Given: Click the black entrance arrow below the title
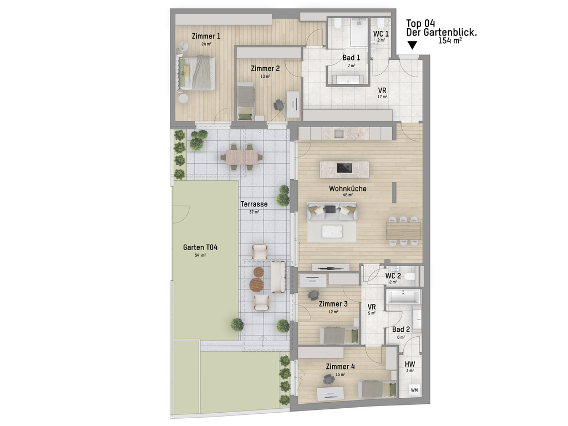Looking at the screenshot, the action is pos(412,45).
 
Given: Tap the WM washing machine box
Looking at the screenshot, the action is pos(414,390).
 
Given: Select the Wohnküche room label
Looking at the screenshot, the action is pos(347,189).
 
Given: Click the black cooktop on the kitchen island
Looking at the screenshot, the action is pos(344,168).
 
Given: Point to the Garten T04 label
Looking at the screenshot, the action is pos(200,247).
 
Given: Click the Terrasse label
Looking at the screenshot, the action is pos(254,204).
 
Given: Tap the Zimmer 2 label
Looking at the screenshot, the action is pos(265,68).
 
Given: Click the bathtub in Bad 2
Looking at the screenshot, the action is pos(403,297).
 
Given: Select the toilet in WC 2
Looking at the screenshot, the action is pos(409,277).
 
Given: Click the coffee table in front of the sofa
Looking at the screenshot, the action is pos(332,231).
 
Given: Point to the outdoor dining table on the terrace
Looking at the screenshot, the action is pos(242,157).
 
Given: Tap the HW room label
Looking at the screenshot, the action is pos(410,364).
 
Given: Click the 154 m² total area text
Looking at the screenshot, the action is pos(449,40).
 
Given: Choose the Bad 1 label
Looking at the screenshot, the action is pos(351,58).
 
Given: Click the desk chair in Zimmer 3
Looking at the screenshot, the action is pos(313,295).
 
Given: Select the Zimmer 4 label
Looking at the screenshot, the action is pos(340,367).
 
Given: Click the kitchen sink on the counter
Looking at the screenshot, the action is pos(339,133).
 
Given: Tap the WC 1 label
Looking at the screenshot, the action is pos(381,34).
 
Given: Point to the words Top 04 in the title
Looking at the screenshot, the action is pos(420,23).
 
